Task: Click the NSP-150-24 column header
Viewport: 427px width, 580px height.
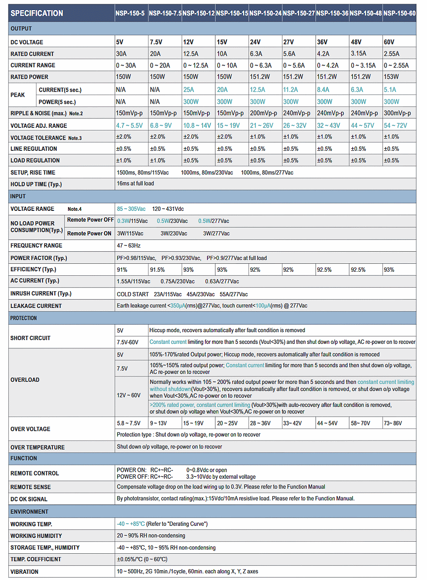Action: (x=265, y=13)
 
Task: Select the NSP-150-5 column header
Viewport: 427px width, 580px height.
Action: (x=130, y=13)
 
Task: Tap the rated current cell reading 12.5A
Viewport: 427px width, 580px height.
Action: (x=191, y=54)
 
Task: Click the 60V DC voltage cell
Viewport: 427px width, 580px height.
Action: (x=389, y=42)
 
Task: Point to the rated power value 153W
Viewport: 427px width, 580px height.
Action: (x=391, y=77)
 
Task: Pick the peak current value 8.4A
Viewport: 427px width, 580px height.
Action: (x=323, y=90)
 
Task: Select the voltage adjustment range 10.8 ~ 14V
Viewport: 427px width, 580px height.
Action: (x=197, y=125)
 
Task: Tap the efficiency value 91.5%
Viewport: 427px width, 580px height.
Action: (x=157, y=270)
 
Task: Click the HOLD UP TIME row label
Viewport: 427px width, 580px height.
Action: (x=36, y=184)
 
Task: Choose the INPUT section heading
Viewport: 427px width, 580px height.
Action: (x=18, y=196)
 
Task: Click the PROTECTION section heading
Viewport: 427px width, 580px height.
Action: (x=23, y=318)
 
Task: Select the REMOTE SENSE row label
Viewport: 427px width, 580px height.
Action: (x=30, y=487)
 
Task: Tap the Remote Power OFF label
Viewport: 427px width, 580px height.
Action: (x=90, y=220)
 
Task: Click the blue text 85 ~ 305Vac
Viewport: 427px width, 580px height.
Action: (x=131, y=209)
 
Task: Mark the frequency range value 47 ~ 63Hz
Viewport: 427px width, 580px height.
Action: (x=129, y=245)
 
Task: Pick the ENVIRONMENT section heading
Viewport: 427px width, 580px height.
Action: (x=29, y=512)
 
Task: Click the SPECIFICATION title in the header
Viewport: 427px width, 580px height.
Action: (x=37, y=13)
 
